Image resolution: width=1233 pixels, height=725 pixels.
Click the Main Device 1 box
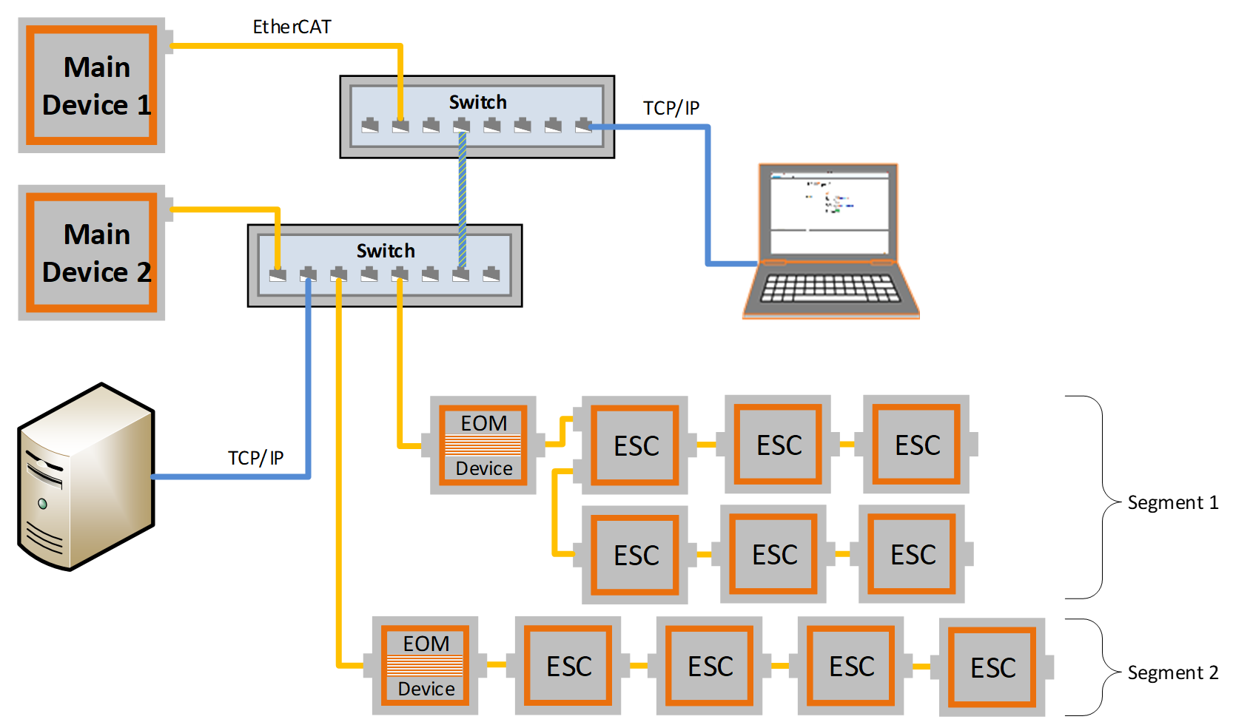click(92, 85)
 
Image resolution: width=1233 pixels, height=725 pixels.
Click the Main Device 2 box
click(92, 252)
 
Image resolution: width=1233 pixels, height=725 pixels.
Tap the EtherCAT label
click(292, 27)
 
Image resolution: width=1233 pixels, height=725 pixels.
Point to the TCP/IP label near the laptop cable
click(671, 109)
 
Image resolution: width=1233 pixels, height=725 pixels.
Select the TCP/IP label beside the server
click(255, 458)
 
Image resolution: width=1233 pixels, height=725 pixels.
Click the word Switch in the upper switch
click(477, 102)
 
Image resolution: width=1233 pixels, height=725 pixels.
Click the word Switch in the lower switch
click(385, 251)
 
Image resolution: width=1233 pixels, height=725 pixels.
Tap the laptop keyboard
click(830, 289)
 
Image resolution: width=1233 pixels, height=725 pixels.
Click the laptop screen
click(829, 209)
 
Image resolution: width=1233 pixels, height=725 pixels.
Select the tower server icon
click(86, 477)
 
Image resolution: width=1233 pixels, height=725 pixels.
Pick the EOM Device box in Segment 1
click(483, 445)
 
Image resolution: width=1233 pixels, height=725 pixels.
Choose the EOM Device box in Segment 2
click(426, 666)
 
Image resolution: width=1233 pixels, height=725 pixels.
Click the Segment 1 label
click(1172, 503)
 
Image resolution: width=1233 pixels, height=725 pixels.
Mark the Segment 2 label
click(1172, 673)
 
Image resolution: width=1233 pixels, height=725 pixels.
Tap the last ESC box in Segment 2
click(992, 667)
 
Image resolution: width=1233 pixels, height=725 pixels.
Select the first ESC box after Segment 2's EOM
click(568, 666)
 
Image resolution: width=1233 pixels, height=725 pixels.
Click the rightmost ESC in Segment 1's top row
click(917, 445)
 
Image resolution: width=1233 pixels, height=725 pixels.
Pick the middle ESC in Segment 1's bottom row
click(774, 554)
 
